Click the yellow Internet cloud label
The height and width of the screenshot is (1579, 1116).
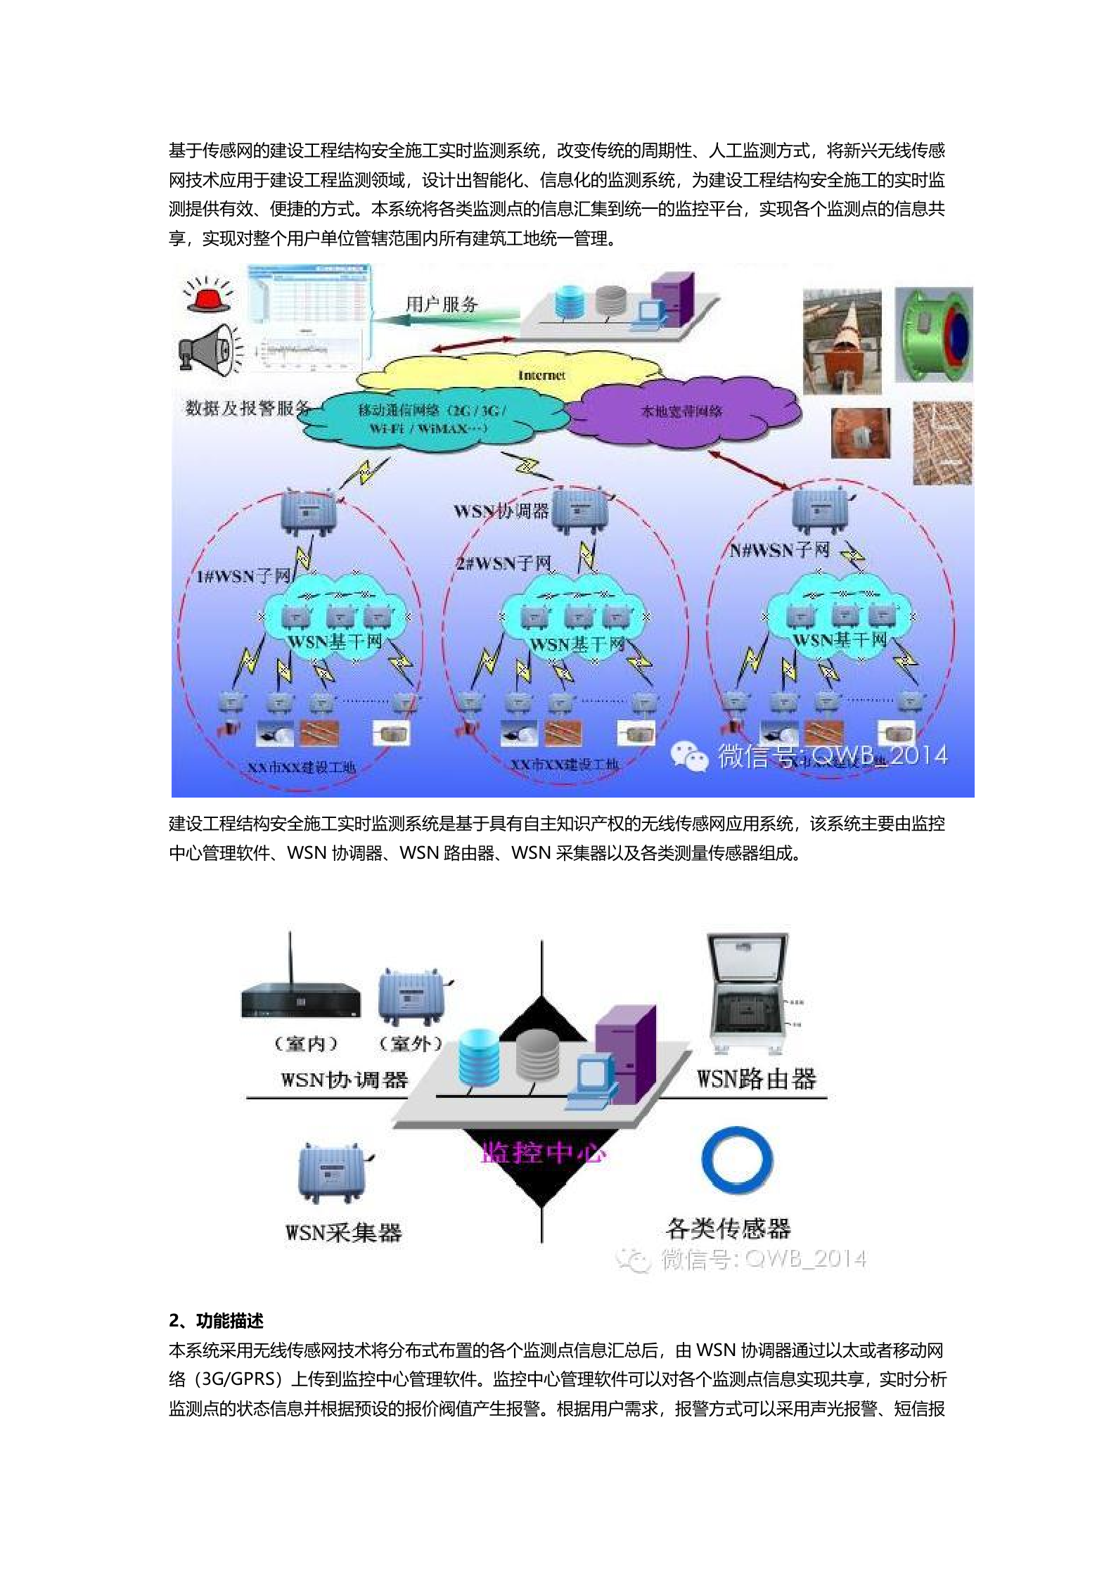click(541, 376)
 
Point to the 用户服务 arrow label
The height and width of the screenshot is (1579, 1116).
click(442, 304)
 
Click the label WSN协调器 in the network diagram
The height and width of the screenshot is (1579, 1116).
click(501, 511)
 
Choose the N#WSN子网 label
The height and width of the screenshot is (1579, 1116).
click(780, 550)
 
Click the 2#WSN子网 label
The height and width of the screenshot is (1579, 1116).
click(504, 563)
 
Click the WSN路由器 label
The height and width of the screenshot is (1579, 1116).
click(756, 1078)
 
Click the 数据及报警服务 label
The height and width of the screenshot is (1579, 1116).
click(248, 409)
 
